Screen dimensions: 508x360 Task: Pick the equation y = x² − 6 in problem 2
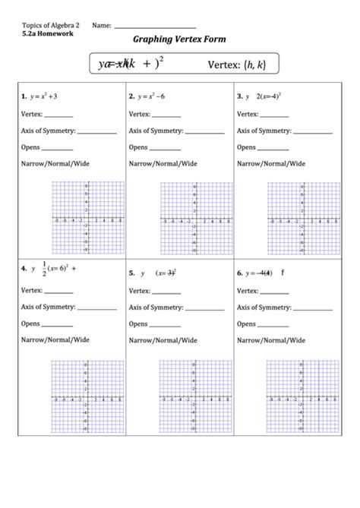(x=152, y=97)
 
